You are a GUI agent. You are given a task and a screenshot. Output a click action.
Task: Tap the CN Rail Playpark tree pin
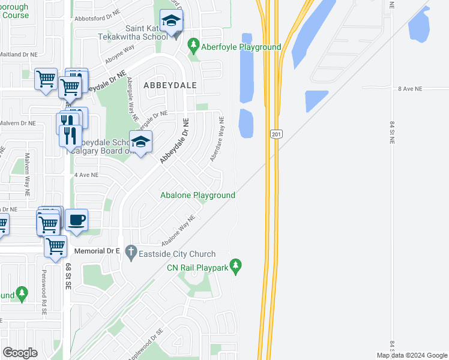pyautogui.click(x=236, y=265)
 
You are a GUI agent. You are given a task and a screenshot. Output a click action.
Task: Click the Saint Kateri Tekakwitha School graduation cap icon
pyautogui.click(x=172, y=21)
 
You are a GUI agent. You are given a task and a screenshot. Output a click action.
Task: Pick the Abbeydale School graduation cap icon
pyautogui.click(x=140, y=142)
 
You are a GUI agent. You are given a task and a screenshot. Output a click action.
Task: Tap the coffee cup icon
pyautogui.click(x=76, y=220)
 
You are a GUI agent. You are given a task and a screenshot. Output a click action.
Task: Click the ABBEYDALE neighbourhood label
pyautogui.click(x=170, y=85)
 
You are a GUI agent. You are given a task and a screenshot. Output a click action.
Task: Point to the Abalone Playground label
pyautogui.click(x=197, y=195)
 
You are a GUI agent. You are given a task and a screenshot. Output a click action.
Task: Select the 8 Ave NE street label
pyautogui.click(x=411, y=88)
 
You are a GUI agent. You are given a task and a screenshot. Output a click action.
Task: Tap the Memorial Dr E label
pyautogui.click(x=98, y=251)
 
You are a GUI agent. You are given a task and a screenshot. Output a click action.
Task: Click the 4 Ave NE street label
pyautogui.click(x=86, y=175)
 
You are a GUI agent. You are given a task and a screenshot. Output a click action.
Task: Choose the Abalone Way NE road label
pyautogui.click(x=179, y=230)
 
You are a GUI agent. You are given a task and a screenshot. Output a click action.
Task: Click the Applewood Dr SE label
pyautogui.click(x=143, y=339)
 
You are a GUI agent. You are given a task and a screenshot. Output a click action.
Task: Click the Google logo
pyautogui.click(x=20, y=353)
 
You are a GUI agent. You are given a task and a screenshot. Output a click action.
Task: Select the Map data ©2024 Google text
pyautogui.click(x=411, y=355)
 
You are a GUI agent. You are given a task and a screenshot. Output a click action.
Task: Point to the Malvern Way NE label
pyautogui.click(x=27, y=172)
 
